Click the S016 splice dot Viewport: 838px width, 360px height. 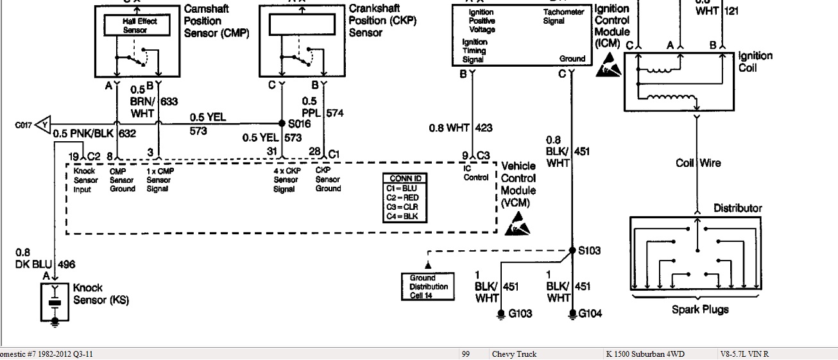click(x=282, y=123)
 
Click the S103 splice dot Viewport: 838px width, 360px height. click(x=571, y=250)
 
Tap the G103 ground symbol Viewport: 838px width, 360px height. click(x=501, y=314)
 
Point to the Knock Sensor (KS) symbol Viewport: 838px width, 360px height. click(x=55, y=304)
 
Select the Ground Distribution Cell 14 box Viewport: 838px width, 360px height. click(x=429, y=286)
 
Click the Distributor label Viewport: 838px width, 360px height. click(x=738, y=208)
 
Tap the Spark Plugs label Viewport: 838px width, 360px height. click(x=700, y=309)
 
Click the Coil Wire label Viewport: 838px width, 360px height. click(x=698, y=163)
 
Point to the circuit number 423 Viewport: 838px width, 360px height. click(x=485, y=128)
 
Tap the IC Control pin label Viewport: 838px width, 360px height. click(x=475, y=173)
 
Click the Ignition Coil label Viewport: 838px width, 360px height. click(x=755, y=62)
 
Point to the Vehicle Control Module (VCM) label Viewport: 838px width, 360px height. click(x=518, y=184)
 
